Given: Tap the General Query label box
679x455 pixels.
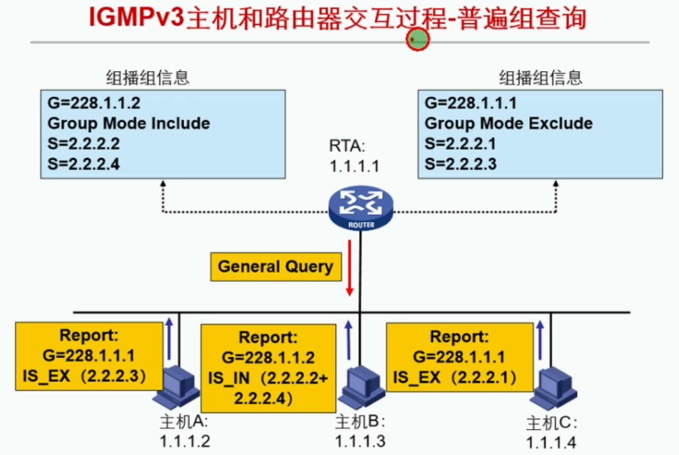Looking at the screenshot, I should tap(275, 267).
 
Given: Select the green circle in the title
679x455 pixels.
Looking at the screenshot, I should tap(417, 39).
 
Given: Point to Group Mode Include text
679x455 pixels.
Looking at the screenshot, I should tap(128, 123).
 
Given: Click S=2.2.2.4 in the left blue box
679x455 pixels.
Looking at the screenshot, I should tap(83, 164).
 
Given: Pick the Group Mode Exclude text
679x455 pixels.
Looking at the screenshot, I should tap(508, 123).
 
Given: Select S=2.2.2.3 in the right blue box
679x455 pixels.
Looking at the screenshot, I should tap(461, 164).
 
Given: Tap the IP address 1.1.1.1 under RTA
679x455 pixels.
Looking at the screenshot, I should tap(354, 166).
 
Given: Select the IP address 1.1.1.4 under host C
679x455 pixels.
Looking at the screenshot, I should tap(551, 442).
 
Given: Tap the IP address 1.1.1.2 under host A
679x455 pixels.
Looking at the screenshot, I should tap(185, 441).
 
